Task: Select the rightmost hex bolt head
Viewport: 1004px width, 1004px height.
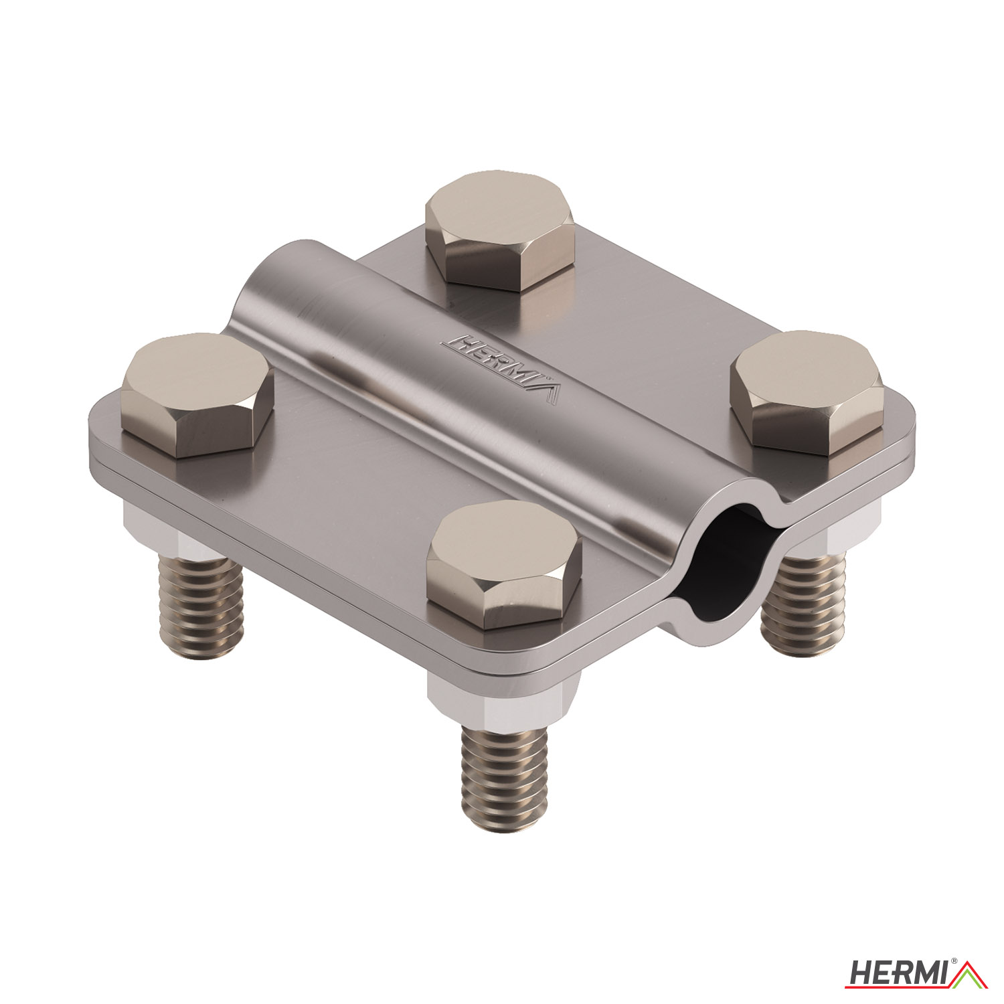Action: click(807, 393)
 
